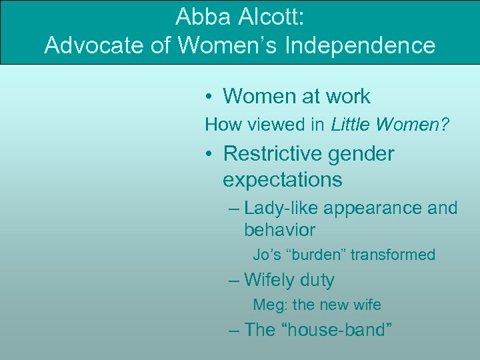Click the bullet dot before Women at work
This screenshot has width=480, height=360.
[x=209, y=97]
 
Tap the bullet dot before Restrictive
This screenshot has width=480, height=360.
[x=209, y=155]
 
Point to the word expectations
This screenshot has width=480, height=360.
[x=282, y=180]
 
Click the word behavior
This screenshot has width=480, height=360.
[x=279, y=231]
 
